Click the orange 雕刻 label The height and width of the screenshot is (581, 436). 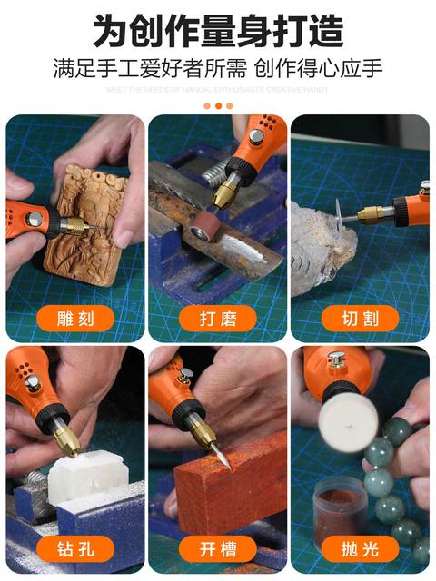tap(74, 318)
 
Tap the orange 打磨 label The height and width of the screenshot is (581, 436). tap(218, 318)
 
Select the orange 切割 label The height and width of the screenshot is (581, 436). tap(361, 318)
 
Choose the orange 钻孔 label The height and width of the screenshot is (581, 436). tap(74, 548)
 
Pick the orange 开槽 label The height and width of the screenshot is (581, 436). tap(218, 548)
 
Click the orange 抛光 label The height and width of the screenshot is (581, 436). tap(361, 548)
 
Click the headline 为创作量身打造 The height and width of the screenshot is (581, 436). tap(218, 30)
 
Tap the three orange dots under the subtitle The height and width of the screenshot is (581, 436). tap(218, 105)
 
